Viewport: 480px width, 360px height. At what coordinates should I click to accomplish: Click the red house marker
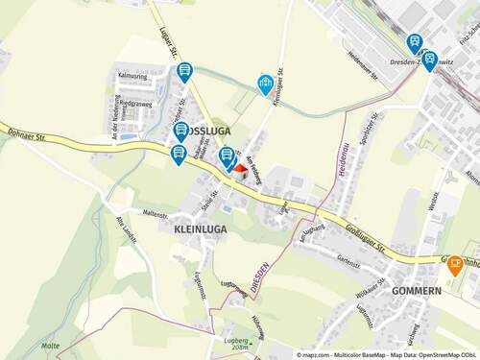(241, 167)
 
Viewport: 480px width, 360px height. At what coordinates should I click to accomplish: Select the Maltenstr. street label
(155, 211)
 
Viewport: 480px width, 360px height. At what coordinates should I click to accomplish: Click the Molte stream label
(51, 345)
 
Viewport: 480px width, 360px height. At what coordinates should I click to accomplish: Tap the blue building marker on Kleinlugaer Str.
(265, 84)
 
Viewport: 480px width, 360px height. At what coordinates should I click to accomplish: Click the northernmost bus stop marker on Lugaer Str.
(184, 72)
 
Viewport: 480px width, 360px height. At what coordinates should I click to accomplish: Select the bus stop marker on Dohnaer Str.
(179, 154)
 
